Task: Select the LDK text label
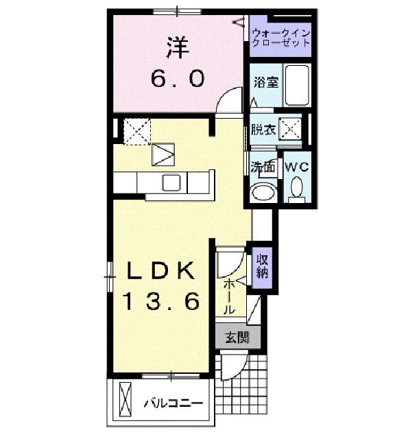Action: [162, 272]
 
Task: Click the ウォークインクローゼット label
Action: [281, 37]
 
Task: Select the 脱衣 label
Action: [262, 128]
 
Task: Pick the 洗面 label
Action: [262, 166]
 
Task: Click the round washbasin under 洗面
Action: [261, 193]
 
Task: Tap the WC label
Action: [296, 167]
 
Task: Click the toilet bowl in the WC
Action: [297, 188]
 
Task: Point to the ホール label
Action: [229, 296]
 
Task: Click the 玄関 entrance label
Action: [235, 337]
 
